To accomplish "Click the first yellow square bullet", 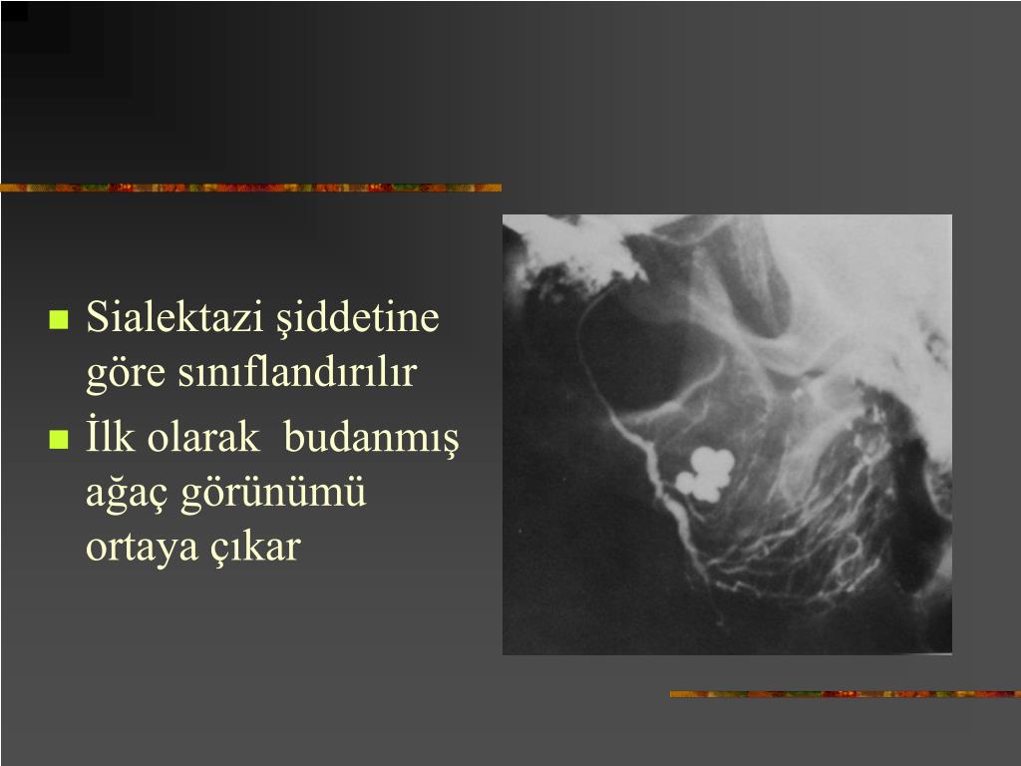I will coord(59,321).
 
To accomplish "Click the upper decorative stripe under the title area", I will coord(249,188).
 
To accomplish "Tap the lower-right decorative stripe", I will coord(844,693).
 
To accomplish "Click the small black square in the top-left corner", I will coord(14,10).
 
